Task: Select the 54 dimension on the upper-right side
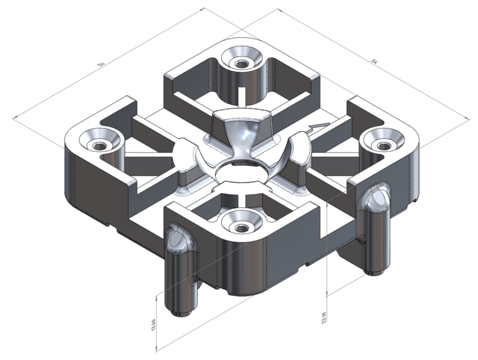(x=374, y=60)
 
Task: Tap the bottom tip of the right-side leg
(x=375, y=271)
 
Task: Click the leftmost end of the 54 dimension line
(x=13, y=118)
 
